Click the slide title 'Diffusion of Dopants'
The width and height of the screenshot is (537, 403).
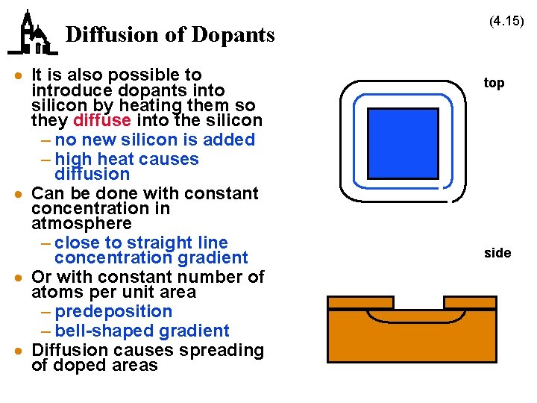point(170,34)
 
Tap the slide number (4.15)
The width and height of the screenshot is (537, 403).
point(506,22)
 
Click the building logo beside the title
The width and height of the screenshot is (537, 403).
point(32,34)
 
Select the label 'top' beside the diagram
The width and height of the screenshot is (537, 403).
point(494,83)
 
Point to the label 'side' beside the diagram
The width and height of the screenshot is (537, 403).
point(497,253)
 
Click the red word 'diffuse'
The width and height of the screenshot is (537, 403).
point(103,120)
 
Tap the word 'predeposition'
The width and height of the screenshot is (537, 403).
point(113,311)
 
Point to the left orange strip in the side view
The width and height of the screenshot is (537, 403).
point(360,302)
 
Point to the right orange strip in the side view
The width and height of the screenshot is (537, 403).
point(470,302)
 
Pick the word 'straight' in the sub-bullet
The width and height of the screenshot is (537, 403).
point(156,243)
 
